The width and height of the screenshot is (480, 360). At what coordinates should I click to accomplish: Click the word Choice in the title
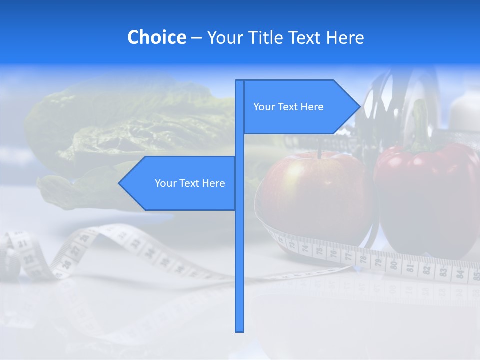(x=156, y=37)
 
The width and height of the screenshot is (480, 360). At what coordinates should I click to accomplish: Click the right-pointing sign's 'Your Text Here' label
(x=288, y=107)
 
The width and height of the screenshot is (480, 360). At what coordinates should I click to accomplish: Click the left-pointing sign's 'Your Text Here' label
(x=190, y=183)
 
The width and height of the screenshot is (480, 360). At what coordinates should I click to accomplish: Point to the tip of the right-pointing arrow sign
(x=359, y=107)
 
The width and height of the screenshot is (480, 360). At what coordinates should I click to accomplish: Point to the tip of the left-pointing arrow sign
(x=119, y=183)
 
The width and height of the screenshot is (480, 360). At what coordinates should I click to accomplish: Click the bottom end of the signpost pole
(x=240, y=330)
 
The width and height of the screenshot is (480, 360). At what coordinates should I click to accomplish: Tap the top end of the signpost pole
(x=240, y=81)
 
